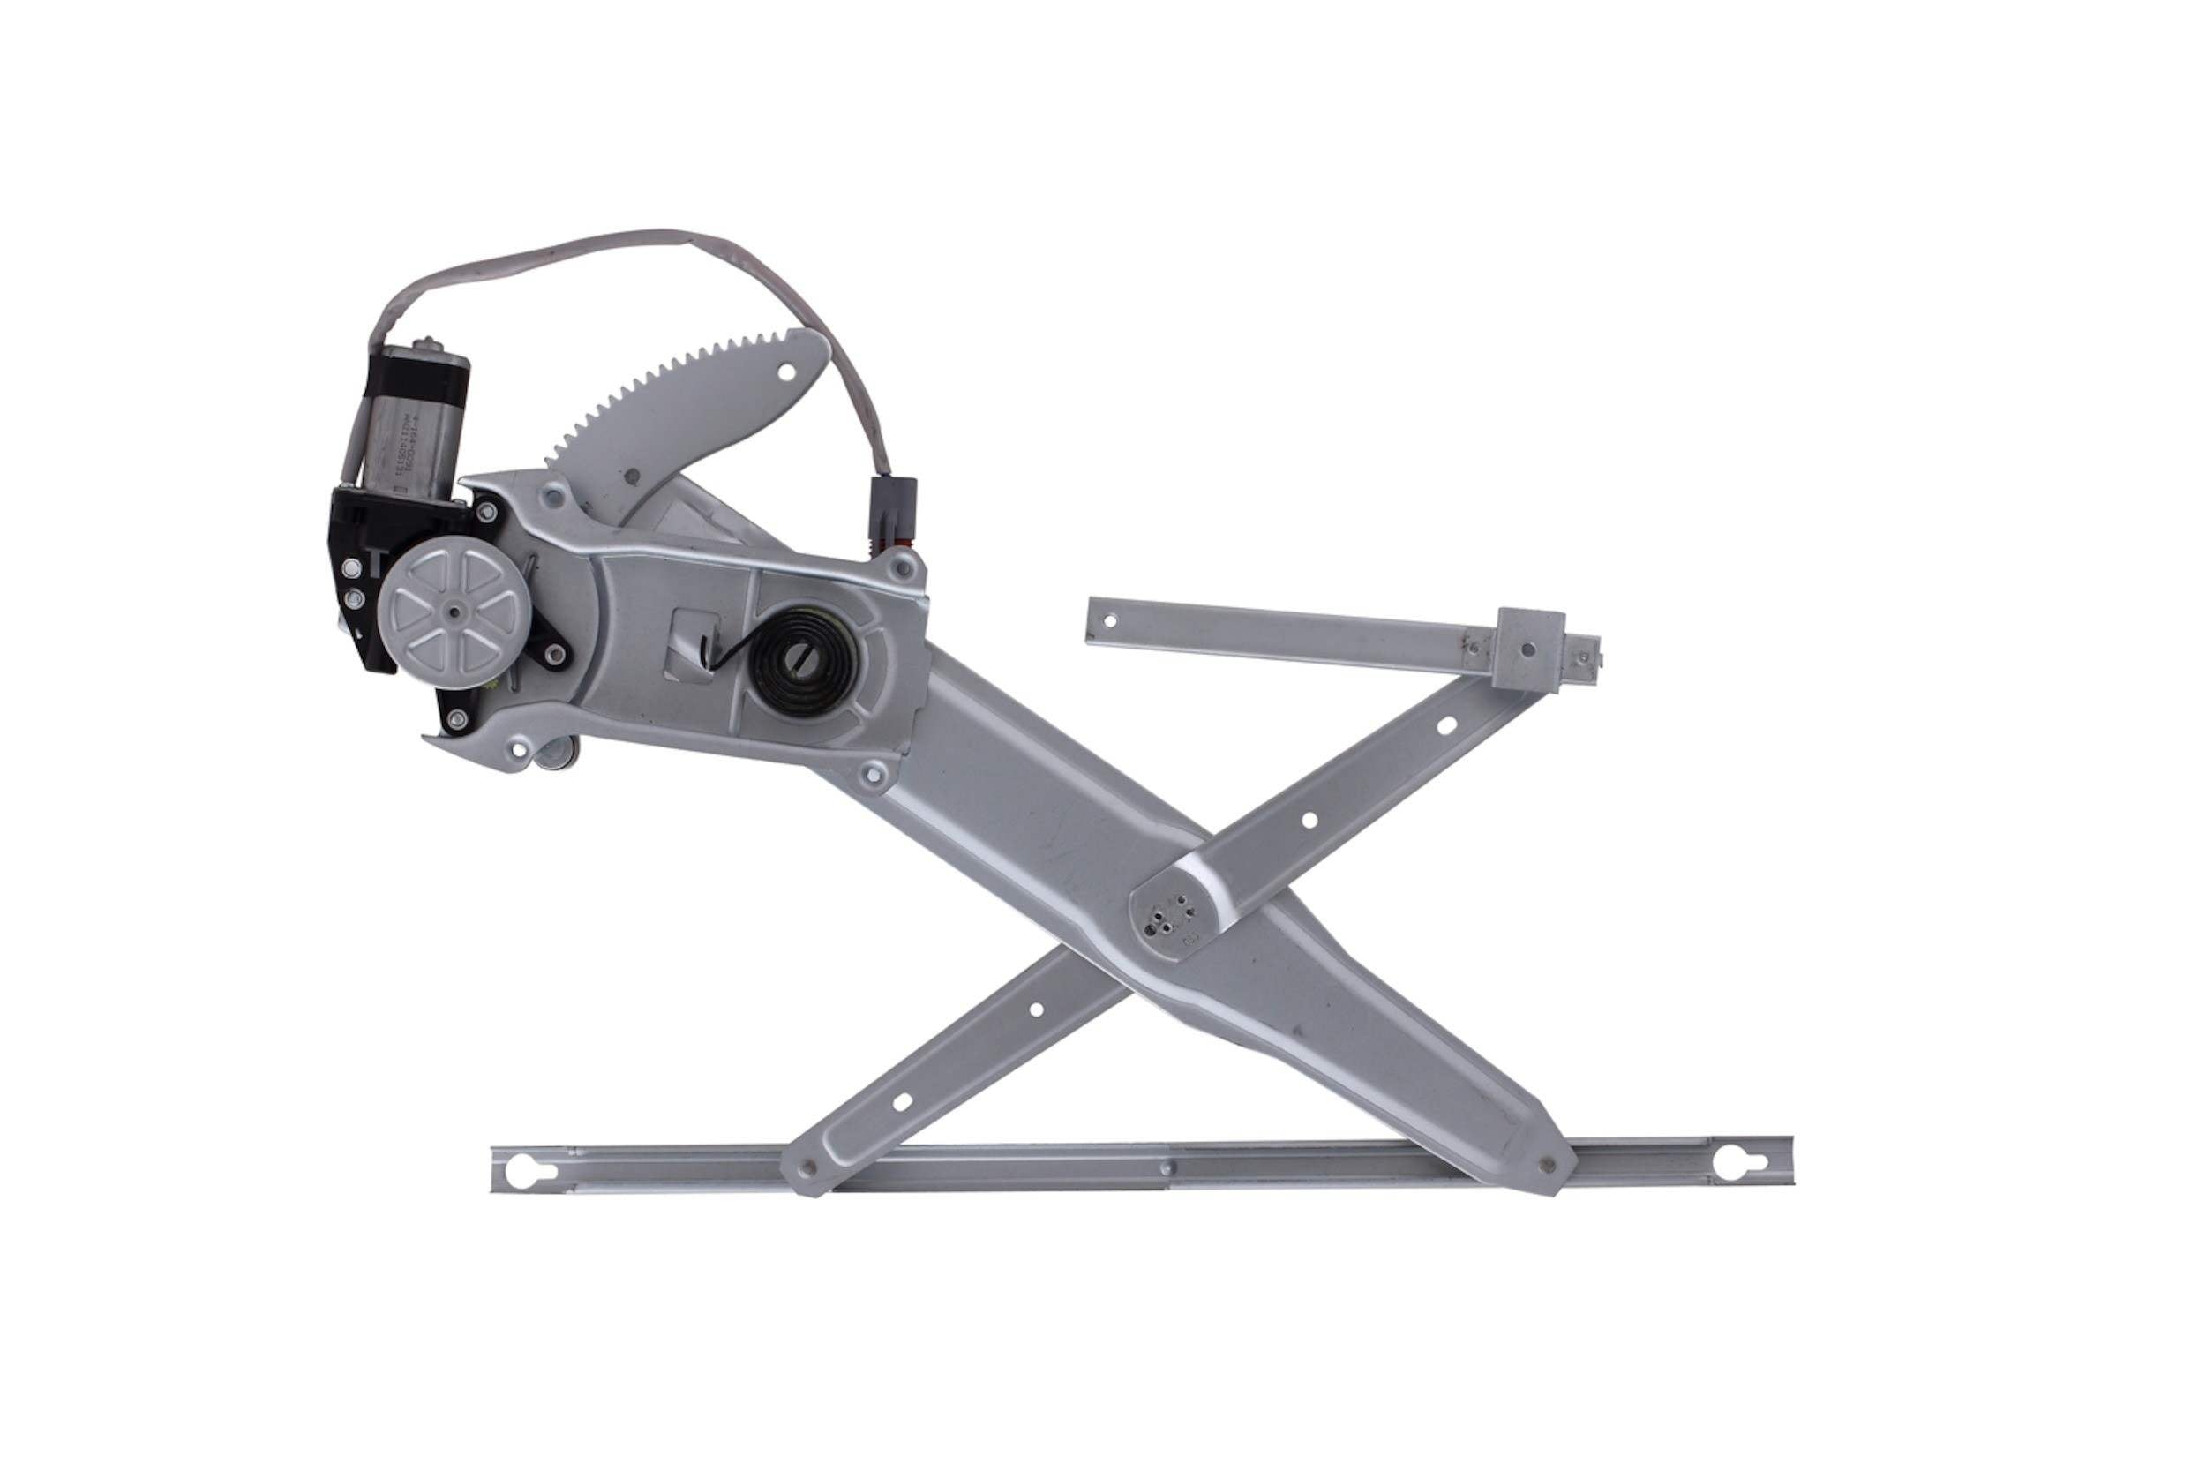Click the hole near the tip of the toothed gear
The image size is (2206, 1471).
[786, 372]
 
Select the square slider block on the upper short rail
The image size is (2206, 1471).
[1529, 649]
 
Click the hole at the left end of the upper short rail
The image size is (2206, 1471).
[1111, 620]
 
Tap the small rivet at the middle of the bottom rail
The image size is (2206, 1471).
[1166, 1168]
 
